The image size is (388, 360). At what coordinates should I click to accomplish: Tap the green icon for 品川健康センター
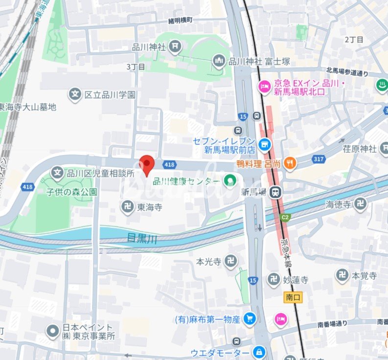(x=229, y=181)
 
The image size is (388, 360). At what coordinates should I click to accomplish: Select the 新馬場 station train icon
(x=275, y=192)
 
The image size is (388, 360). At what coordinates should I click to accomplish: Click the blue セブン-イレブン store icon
(x=265, y=144)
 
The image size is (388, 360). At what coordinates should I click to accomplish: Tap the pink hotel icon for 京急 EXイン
(x=265, y=86)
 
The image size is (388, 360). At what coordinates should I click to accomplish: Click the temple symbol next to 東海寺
(x=128, y=207)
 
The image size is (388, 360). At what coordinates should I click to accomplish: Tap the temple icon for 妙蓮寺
(x=274, y=280)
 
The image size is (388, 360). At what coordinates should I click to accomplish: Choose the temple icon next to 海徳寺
(x=361, y=203)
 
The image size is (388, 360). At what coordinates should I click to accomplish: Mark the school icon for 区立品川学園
(x=75, y=94)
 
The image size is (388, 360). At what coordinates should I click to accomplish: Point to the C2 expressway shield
(x=285, y=217)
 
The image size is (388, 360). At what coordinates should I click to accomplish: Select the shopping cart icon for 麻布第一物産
(x=250, y=319)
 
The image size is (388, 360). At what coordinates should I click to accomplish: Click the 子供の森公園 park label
(x=72, y=192)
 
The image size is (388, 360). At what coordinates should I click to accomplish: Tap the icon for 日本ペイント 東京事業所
(x=53, y=332)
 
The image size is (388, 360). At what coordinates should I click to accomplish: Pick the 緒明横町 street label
(x=181, y=20)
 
